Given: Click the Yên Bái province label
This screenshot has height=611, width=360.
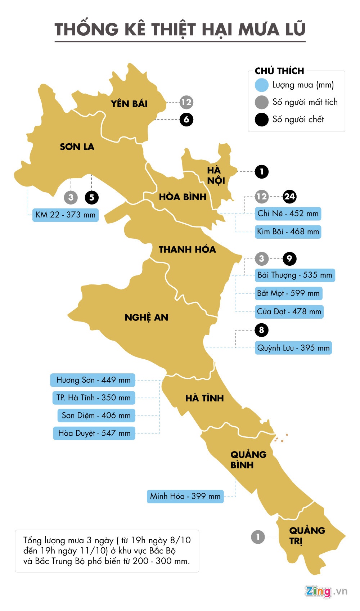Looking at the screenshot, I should pyautogui.click(x=129, y=104).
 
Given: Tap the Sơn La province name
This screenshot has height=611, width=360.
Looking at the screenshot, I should pyautogui.click(x=77, y=147).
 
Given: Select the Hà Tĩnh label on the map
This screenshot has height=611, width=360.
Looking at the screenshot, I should pyautogui.click(x=204, y=398).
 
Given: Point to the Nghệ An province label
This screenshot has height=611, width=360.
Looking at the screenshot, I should pyautogui.click(x=147, y=318).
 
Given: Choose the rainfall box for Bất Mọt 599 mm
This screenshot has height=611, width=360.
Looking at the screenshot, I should pyautogui.click(x=288, y=293).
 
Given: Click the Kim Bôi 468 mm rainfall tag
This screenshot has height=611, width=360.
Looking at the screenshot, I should pyautogui.click(x=288, y=232).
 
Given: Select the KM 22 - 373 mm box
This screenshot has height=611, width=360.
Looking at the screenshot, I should pyautogui.click(x=66, y=215).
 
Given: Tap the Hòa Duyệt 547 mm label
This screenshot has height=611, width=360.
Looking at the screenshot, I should pyautogui.click(x=94, y=433).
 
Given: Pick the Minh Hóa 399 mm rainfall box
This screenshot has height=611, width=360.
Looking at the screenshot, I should pyautogui.click(x=185, y=496).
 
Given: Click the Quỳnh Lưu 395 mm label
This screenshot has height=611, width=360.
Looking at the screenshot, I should pyautogui.click(x=293, y=348).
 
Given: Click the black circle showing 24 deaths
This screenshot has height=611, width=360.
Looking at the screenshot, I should pyautogui.click(x=289, y=197).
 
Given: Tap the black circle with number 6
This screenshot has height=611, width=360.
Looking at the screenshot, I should pyautogui.click(x=186, y=120).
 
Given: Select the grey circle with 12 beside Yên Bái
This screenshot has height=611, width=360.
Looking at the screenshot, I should pyautogui.click(x=186, y=102).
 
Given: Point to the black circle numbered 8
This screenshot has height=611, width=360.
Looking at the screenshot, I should pyautogui.click(x=261, y=330).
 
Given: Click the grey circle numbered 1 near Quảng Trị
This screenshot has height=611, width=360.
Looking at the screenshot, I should pyautogui.click(x=258, y=537).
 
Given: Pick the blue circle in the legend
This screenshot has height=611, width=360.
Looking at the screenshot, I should pyautogui.click(x=262, y=85).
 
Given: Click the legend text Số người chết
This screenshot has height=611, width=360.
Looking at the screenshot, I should pyautogui.click(x=298, y=120).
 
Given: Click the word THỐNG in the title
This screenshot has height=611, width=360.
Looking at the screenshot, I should pyautogui.click(x=86, y=30).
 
